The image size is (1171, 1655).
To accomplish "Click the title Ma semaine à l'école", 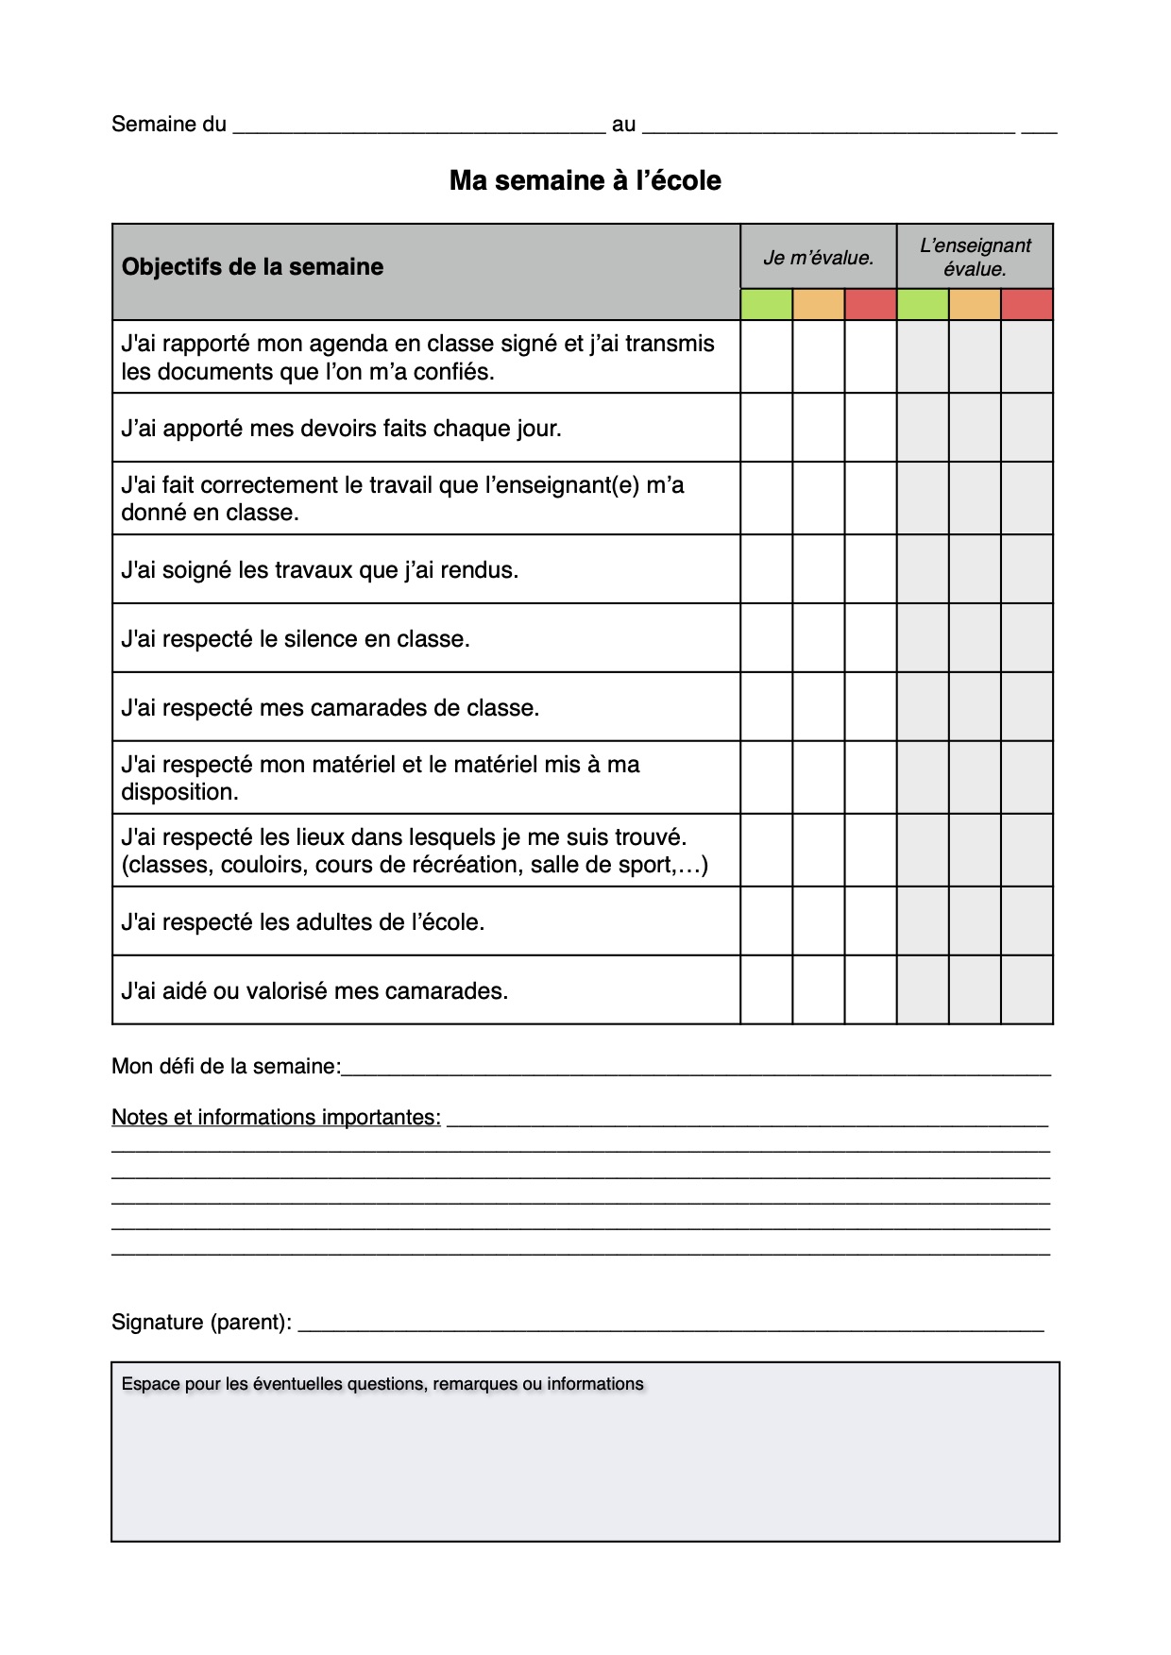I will pyautogui.click(x=585, y=180).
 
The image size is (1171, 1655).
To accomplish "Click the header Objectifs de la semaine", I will pyautogui.click(x=252, y=267).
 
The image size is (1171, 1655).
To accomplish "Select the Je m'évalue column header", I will pyautogui.click(x=818, y=258).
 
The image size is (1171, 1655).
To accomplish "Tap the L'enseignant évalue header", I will pyautogui.click(x=975, y=257).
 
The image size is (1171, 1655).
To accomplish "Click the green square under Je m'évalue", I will pyautogui.click(x=766, y=305).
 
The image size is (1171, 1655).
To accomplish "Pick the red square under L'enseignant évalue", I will pyautogui.click(x=1027, y=305).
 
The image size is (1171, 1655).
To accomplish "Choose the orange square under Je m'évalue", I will pyautogui.click(x=818, y=305).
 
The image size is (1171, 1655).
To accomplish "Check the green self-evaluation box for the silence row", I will pyautogui.click(x=766, y=638).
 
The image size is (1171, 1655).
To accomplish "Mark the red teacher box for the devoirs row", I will pyautogui.click(x=1027, y=428).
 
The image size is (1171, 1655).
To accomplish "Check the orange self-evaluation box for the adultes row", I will pyautogui.click(x=818, y=920).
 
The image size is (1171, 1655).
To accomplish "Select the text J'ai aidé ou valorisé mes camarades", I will pyautogui.click(x=314, y=991).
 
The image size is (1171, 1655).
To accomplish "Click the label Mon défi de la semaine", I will pyautogui.click(x=226, y=1067).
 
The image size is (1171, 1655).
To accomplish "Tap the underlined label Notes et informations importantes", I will pyautogui.click(x=276, y=1118).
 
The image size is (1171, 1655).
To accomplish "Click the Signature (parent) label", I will pyautogui.click(x=201, y=1323).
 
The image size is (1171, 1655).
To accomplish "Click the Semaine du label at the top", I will pyautogui.click(x=169, y=125).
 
